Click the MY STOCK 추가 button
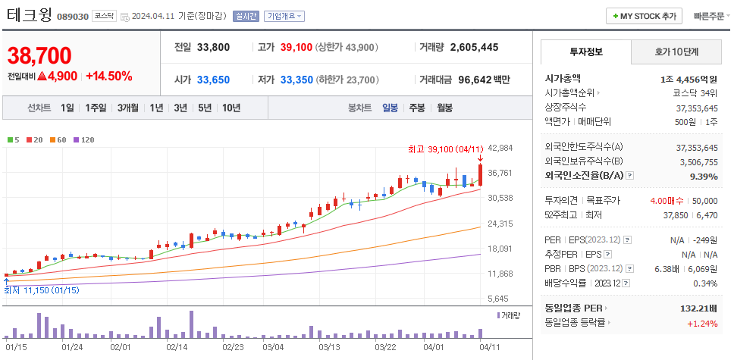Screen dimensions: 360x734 click(x=644, y=16)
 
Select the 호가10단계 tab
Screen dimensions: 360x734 click(x=676, y=52)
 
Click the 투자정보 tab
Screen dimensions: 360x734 click(x=585, y=52)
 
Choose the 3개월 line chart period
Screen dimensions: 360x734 click(x=127, y=108)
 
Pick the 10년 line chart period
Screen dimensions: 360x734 click(x=231, y=108)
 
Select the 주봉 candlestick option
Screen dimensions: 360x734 click(x=416, y=108)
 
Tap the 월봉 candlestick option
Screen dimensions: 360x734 click(x=444, y=108)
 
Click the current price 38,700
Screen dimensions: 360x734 click(x=39, y=55)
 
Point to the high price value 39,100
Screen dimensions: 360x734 click(x=296, y=47)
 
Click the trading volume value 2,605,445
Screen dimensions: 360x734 click(x=474, y=47)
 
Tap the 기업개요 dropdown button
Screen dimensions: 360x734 click(x=284, y=16)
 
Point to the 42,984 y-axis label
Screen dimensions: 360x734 click(x=501, y=148)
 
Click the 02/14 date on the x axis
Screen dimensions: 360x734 click(x=177, y=346)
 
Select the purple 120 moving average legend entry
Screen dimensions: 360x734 click(x=83, y=139)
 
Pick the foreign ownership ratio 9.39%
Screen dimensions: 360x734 click(x=704, y=176)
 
